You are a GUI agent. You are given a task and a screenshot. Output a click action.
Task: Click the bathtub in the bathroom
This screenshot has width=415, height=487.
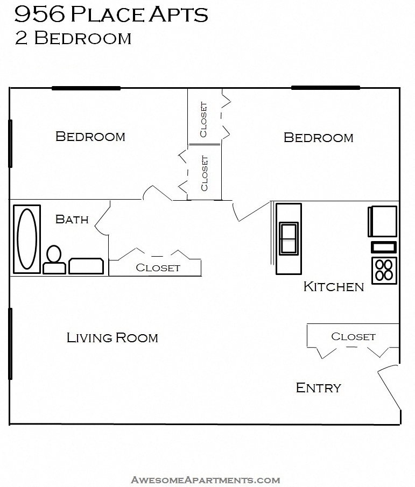[27, 239]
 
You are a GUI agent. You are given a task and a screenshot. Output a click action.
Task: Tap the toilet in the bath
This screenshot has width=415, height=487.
[54, 260]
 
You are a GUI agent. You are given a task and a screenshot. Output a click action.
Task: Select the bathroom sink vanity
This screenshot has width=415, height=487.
[86, 266]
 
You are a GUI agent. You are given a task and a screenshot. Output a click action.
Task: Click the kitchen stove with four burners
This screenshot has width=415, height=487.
[384, 270]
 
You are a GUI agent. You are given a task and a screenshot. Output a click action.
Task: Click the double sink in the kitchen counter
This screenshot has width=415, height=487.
[289, 238]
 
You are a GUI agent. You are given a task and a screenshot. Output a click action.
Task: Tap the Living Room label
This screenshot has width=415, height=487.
[112, 338]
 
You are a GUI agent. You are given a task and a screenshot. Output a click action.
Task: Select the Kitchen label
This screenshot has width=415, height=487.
[334, 286]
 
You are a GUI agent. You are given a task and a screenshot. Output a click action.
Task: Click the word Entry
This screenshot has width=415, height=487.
[318, 387]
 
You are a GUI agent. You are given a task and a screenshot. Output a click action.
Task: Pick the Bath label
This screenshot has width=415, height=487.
[72, 219]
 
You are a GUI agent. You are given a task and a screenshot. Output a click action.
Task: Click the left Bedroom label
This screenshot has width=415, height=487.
[90, 137]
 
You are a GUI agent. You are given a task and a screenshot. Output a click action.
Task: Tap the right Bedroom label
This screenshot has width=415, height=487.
[318, 138]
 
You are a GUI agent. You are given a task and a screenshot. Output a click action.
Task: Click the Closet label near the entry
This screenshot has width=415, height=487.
[353, 336]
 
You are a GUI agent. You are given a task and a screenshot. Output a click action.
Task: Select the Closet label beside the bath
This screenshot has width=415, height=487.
[158, 267]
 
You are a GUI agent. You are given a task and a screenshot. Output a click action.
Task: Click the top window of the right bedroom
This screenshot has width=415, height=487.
[325, 88]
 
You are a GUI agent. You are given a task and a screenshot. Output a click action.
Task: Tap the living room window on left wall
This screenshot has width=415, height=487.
[10, 343]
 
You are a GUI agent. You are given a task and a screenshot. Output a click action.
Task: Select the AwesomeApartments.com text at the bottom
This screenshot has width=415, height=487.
[205, 479]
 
